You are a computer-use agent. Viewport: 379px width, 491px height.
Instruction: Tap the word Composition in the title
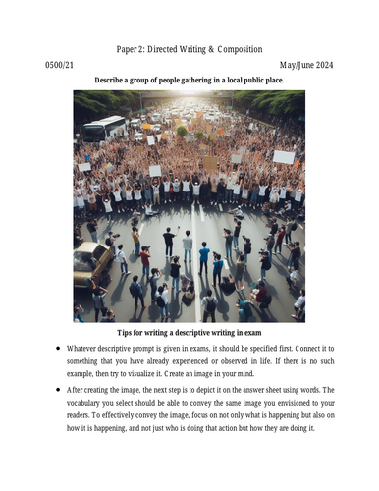tap(237, 48)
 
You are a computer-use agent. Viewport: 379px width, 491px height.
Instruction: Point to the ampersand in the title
tap(198, 48)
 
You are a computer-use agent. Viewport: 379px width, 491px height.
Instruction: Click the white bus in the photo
tap(103, 128)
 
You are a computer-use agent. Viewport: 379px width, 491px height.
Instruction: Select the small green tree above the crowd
tap(183, 130)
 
